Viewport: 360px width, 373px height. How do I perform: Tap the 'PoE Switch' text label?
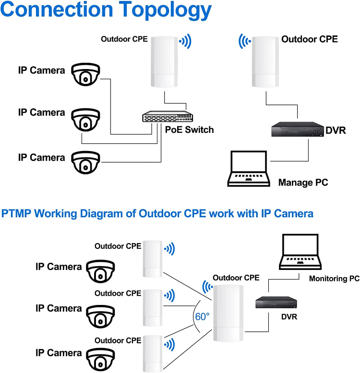point(190,130)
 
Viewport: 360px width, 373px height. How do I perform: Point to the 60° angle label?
point(202,316)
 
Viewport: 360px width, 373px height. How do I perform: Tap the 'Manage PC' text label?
point(303,183)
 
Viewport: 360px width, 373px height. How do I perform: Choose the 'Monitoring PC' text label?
point(334,279)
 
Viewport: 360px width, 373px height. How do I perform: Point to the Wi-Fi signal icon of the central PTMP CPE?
point(207,287)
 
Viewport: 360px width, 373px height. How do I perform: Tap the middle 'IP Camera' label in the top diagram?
point(41,113)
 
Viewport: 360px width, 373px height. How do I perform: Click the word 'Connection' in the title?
point(58,11)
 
